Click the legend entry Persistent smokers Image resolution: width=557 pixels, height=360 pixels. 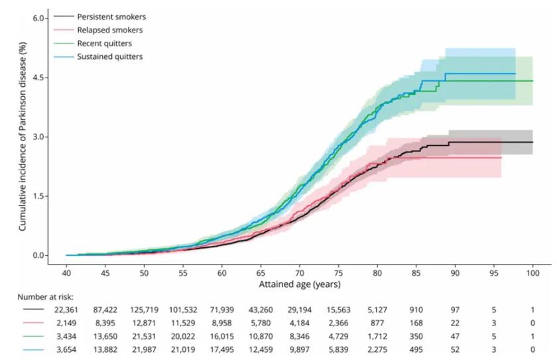[x=111, y=17]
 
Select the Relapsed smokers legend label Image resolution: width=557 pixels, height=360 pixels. [x=110, y=30]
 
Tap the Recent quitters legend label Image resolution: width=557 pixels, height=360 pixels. [x=105, y=43]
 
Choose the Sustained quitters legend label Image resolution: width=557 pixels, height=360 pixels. [x=110, y=56]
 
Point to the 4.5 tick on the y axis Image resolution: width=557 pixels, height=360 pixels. [x=38, y=78]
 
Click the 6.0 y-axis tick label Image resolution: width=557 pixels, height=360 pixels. [x=38, y=18]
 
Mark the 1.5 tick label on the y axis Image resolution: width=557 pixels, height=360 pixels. [x=38, y=196]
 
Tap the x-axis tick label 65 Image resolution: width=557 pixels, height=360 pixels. [x=261, y=273]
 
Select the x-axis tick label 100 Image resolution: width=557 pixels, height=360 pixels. [x=532, y=273]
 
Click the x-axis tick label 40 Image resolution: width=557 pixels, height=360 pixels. [x=66, y=273]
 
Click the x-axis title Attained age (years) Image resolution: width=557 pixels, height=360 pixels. [x=300, y=284]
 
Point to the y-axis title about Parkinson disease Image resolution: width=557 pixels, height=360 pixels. [x=23, y=137]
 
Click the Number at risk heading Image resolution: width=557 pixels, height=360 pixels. [x=46, y=297]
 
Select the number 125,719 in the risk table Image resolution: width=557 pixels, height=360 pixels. [x=145, y=310]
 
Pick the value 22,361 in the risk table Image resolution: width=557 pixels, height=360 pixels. [x=66, y=310]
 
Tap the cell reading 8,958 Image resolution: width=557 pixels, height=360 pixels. [x=221, y=323]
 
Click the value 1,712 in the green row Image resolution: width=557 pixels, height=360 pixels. [x=377, y=336]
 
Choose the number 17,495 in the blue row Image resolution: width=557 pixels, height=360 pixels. [x=221, y=349]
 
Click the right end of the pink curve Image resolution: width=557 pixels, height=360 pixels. [x=501, y=158]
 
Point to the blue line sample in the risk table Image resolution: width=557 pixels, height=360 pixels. [x=33, y=349]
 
